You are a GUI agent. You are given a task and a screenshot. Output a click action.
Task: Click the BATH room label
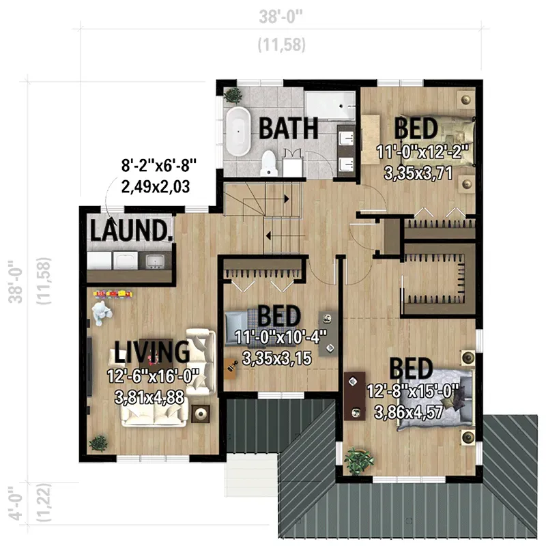289,127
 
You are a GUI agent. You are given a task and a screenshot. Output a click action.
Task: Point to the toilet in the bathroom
270,162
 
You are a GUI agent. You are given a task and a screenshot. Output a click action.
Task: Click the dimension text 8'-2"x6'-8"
159,165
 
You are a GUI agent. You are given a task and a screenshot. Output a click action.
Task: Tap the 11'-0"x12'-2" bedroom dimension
422,152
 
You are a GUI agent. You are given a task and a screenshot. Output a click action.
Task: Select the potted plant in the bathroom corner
233,94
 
